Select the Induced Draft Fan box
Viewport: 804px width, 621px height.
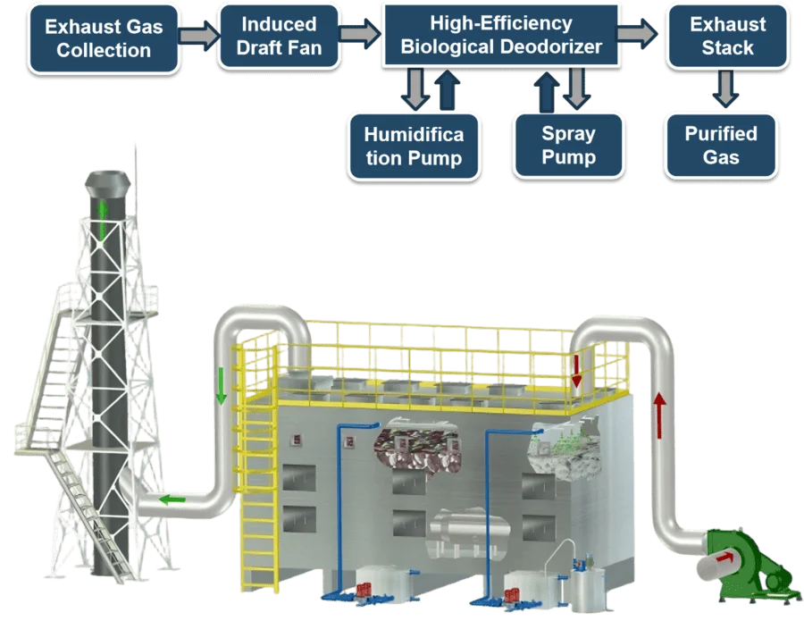(279, 37)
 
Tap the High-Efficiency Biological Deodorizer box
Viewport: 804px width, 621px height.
(501, 36)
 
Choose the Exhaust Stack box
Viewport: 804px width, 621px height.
(727, 37)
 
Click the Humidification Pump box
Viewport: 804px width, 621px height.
(414, 146)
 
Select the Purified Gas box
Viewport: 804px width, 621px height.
(721, 146)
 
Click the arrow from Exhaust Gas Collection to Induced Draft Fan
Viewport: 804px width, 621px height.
(197, 37)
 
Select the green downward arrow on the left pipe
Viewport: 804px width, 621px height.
(222, 387)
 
